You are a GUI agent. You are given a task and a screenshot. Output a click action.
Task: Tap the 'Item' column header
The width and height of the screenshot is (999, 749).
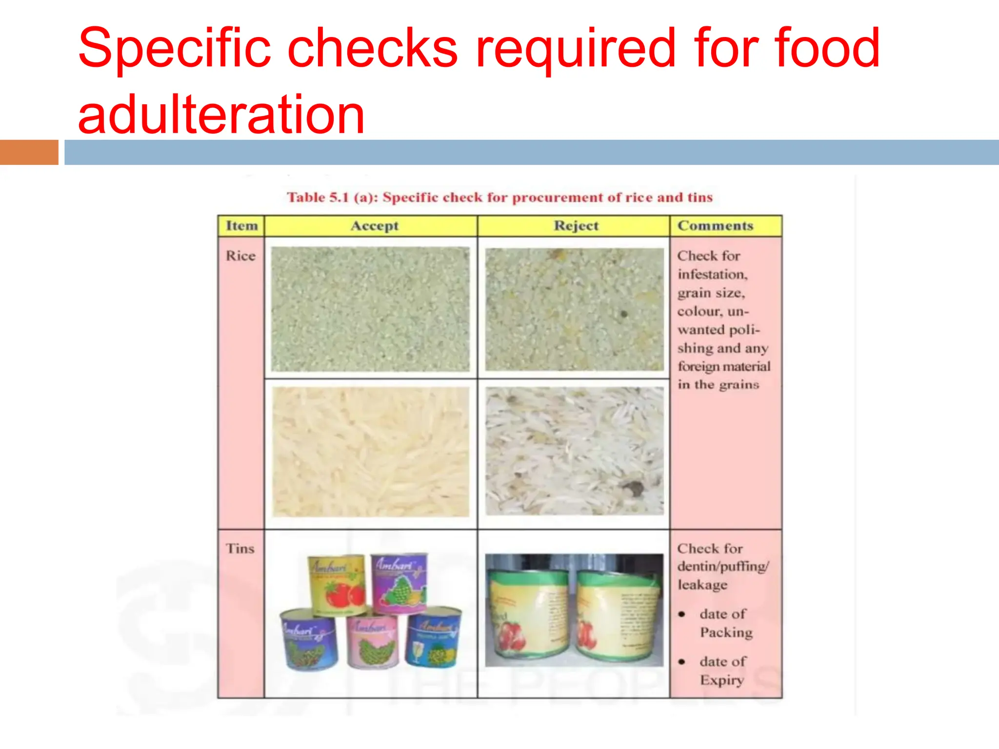point(241,226)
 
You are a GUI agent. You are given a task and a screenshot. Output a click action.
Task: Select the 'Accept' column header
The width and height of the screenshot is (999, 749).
point(375,226)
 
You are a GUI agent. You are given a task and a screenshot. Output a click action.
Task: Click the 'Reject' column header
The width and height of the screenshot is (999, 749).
point(576,226)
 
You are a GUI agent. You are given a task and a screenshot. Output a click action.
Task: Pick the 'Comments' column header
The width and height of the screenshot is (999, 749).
point(715,226)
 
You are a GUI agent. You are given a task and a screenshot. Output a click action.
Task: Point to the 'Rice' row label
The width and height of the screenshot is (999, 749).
point(240,256)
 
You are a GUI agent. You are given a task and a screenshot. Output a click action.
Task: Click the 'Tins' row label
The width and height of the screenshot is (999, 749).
point(240,549)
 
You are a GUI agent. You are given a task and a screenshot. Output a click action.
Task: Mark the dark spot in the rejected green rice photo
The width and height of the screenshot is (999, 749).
point(623,314)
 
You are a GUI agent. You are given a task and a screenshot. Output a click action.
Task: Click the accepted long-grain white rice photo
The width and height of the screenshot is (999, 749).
point(371,452)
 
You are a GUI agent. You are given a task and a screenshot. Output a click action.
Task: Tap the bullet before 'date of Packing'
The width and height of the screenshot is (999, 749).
point(682,614)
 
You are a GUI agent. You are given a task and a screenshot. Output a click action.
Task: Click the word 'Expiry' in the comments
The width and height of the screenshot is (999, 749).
point(722,680)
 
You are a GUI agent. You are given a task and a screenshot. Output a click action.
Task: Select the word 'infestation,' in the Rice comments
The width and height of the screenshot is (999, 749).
point(712,275)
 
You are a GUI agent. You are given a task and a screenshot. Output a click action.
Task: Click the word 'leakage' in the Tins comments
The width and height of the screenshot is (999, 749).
point(702,585)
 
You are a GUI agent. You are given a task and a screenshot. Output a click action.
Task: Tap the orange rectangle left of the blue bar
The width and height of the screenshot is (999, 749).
point(29,152)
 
